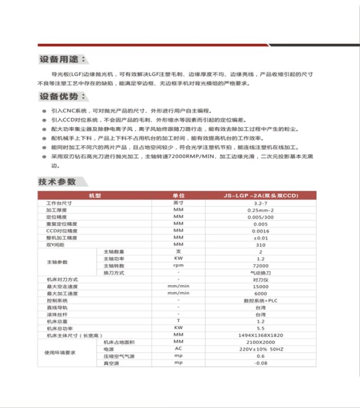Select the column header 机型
pos(94,195)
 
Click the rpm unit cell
pos(178,266)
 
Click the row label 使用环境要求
pos(60,352)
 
